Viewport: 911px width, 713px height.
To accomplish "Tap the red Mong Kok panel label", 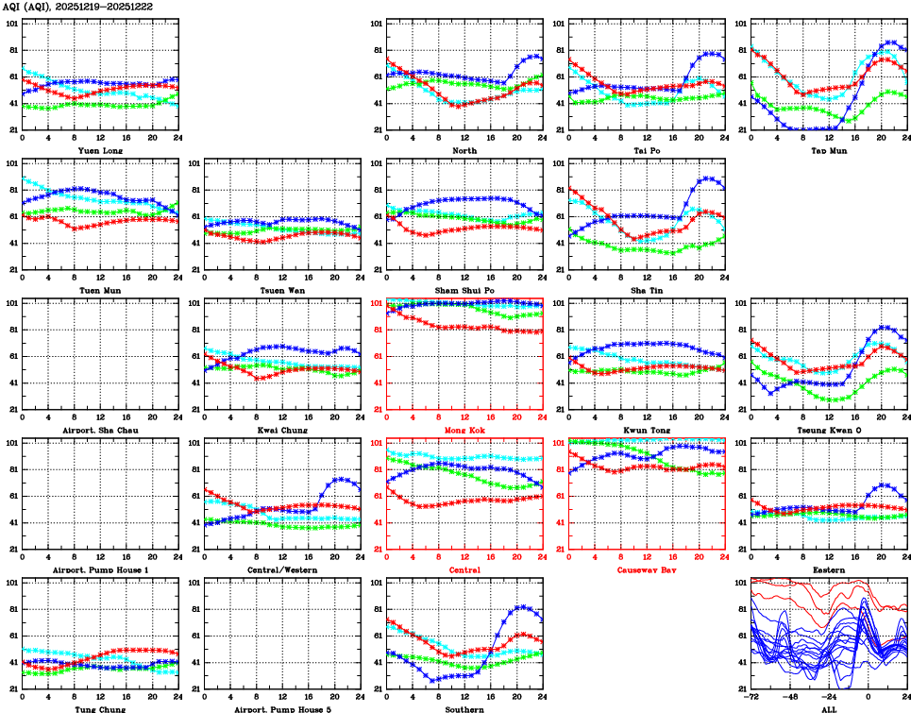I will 464,430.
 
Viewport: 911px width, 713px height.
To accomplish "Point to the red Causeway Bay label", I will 647,569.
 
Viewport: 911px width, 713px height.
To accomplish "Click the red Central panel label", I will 464,569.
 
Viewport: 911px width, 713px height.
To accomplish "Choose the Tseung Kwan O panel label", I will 829,430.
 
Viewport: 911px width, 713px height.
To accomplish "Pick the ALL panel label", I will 829,709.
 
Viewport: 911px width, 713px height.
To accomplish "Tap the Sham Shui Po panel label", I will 464,290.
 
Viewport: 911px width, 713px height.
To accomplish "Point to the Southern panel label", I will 464,709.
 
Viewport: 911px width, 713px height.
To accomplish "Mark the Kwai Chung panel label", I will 282,430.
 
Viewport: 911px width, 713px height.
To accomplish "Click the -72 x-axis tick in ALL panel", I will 751,698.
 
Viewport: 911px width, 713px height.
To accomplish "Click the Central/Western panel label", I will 282,569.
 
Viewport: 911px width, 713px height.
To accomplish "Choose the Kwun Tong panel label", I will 647,430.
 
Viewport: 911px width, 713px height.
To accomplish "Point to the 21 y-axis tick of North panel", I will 377,129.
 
